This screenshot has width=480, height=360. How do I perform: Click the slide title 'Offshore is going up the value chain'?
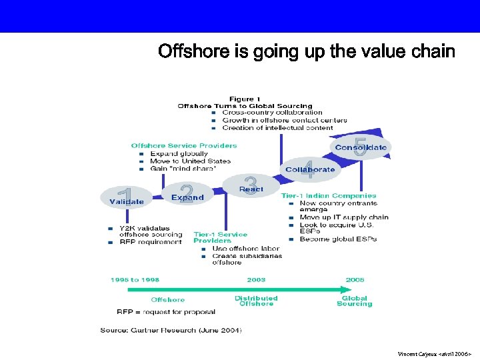coord(306,51)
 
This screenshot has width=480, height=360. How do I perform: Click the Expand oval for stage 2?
coord(187,195)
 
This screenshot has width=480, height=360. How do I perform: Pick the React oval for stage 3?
coord(251,186)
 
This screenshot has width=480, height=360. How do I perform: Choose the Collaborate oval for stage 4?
coord(310,169)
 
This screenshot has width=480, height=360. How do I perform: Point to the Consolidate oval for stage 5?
coord(360,147)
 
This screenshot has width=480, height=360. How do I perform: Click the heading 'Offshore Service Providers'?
coord(184,145)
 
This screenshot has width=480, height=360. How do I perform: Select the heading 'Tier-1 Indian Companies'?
coord(329,196)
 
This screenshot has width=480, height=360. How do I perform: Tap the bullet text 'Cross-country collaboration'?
coord(272,113)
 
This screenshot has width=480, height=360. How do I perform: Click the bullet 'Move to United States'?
coord(190,161)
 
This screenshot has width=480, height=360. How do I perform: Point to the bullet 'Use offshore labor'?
coord(245,249)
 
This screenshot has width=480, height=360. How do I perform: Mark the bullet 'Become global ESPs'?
coord(338,239)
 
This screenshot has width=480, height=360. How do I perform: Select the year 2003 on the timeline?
coord(256,280)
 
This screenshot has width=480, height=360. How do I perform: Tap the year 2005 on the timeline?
coord(355,280)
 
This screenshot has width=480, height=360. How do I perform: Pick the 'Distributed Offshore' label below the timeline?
coord(256,301)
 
